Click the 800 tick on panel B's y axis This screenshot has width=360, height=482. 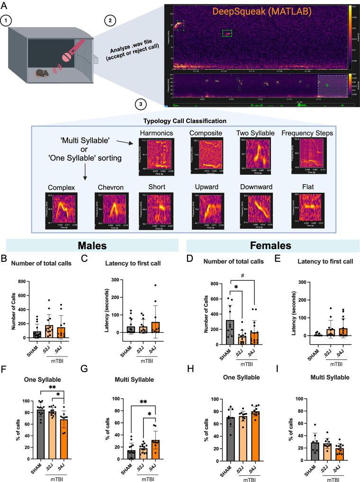(x=22, y=282)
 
